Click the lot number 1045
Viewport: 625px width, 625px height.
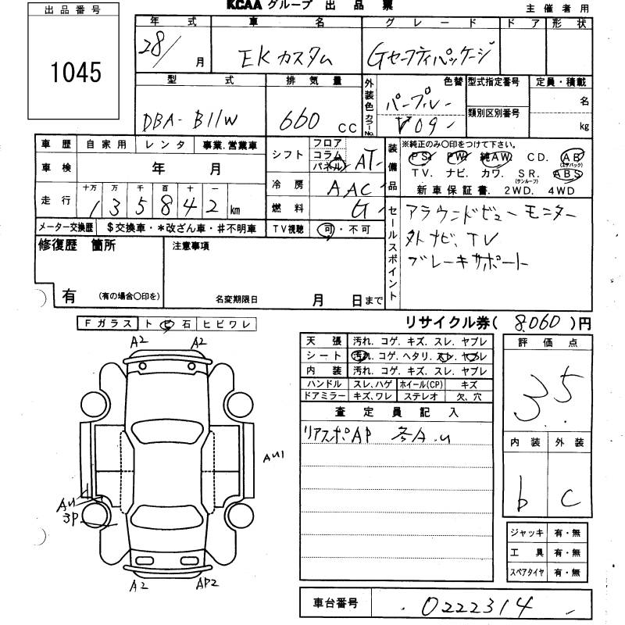click(76, 73)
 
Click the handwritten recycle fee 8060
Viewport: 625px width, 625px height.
click(526, 320)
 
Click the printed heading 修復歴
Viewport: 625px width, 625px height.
click(55, 246)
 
